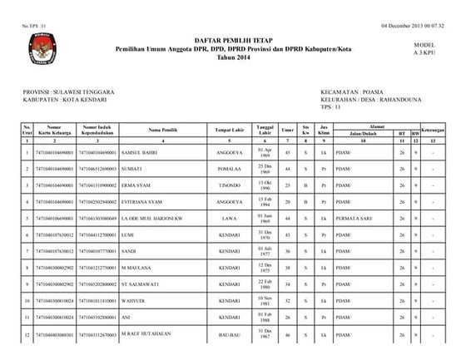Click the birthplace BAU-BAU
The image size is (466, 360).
(229, 335)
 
